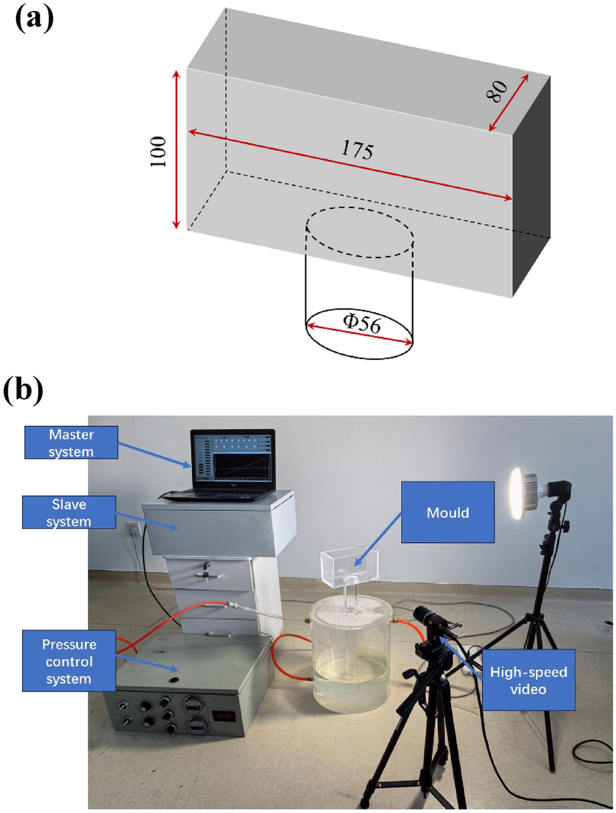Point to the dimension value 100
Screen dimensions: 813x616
tap(159, 151)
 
